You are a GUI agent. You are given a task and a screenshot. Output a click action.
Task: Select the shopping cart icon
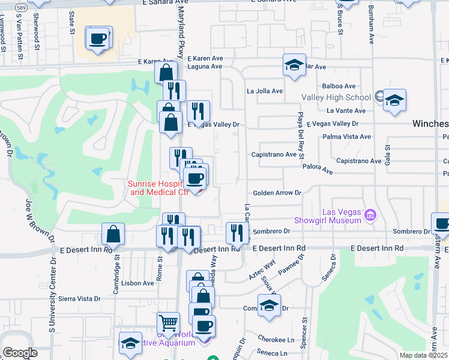[x=168, y=324]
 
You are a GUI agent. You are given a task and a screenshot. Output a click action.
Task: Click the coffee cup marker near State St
[x=98, y=40]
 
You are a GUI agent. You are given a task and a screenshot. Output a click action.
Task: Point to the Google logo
[x=20, y=353]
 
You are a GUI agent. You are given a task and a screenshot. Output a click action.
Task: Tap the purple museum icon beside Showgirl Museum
[x=370, y=214]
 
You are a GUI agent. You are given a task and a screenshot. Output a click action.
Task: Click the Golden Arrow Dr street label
[x=277, y=193]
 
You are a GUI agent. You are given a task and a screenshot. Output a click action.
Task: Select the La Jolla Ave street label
[x=265, y=91]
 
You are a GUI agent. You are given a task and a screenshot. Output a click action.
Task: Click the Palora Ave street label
[x=318, y=170]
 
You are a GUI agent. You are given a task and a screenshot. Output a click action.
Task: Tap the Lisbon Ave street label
[x=137, y=283]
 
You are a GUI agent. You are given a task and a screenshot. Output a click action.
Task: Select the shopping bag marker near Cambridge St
[x=113, y=235]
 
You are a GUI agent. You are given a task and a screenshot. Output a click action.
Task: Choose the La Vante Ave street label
[x=346, y=110]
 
